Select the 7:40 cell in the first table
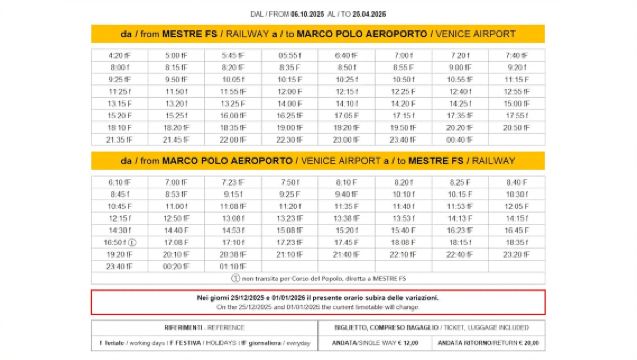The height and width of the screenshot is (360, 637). tap(516, 55)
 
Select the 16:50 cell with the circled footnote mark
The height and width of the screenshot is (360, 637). tap(119, 242)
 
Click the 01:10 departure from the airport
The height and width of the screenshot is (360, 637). tap(232, 266)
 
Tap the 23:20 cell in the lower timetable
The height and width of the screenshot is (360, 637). tap(516, 254)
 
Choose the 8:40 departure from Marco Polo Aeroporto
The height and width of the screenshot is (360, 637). tap(516, 182)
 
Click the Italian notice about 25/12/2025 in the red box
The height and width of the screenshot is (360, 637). tap(318, 297)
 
